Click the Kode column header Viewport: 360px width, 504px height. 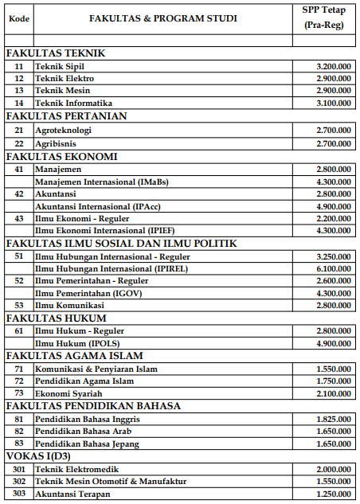click(18, 18)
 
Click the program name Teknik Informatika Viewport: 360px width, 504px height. click(73, 103)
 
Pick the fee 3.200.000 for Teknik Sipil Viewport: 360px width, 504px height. click(334, 66)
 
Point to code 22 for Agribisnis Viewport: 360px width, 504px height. click(18, 143)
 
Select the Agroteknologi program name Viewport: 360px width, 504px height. click(64, 130)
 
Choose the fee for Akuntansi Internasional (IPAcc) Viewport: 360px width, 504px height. click(334, 206)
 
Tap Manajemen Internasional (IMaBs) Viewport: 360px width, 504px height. click(101, 182)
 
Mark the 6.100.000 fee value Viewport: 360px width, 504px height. click(334, 268)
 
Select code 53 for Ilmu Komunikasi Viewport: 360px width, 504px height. click(18, 306)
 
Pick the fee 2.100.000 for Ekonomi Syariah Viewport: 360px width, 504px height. click(334, 393)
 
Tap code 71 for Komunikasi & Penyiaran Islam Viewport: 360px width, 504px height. click(18, 369)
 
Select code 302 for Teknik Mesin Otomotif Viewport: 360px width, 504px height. click(19, 482)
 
